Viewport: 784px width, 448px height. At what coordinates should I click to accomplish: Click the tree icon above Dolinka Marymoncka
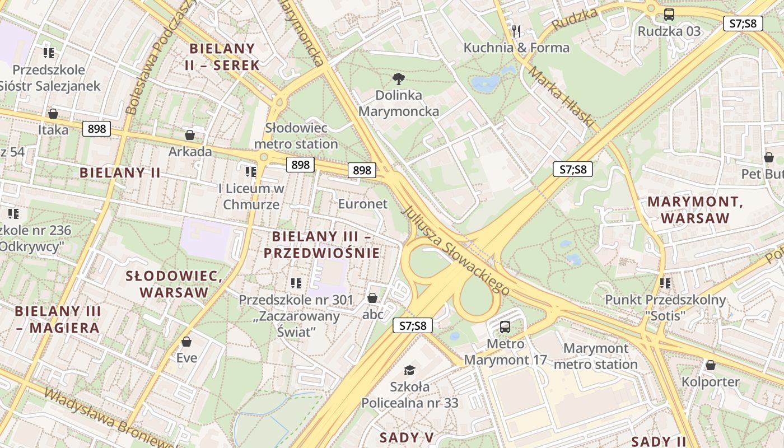click(x=398, y=78)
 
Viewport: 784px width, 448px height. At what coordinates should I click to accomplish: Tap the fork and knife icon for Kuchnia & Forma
click(x=516, y=31)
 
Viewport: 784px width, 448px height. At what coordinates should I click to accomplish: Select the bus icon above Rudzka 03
click(x=669, y=15)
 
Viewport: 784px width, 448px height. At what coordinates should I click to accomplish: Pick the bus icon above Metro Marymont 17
click(x=505, y=326)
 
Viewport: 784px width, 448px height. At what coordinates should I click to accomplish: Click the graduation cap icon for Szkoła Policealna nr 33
click(x=410, y=370)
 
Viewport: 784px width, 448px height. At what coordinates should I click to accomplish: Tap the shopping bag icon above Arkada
click(x=190, y=135)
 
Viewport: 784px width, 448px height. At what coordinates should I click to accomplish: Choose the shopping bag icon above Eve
click(x=186, y=341)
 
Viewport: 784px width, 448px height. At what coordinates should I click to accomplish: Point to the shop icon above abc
click(x=372, y=298)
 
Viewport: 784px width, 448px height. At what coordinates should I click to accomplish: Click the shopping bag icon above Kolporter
click(x=710, y=365)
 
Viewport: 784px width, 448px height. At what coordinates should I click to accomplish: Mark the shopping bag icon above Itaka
click(x=53, y=114)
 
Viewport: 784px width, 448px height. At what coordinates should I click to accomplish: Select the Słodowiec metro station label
click(x=296, y=136)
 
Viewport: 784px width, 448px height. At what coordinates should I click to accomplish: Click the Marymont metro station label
click(x=595, y=356)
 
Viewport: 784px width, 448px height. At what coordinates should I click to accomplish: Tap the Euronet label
click(x=362, y=204)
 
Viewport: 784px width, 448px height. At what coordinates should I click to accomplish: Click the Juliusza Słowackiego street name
click(x=455, y=250)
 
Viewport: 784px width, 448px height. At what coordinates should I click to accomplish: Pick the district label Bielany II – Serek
click(x=222, y=57)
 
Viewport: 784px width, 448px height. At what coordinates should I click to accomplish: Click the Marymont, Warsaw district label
click(x=695, y=210)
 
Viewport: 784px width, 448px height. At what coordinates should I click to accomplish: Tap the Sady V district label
click(x=407, y=437)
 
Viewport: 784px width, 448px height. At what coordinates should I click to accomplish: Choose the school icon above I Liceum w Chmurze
click(x=250, y=171)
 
